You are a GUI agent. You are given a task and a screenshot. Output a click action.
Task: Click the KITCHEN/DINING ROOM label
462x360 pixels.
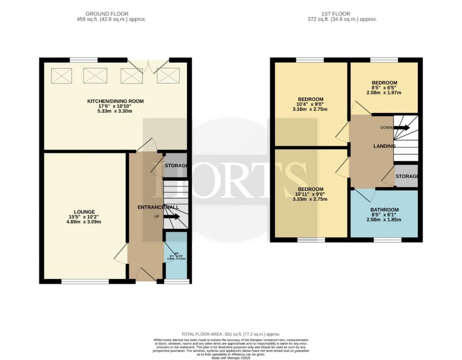pos(115,101)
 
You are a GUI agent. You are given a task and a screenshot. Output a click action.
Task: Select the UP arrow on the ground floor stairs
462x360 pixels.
pos(172,217)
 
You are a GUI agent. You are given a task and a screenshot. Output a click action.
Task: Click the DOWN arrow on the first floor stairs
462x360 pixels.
pos(402,127)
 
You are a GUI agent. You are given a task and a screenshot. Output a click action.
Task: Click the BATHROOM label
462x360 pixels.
pos(384,210)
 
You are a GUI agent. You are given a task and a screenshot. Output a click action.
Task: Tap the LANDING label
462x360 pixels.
pos(384,146)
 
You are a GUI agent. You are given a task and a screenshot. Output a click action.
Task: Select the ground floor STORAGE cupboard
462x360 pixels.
pos(176,165)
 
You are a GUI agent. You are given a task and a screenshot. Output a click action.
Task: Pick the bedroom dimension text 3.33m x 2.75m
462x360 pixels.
pos(311,199)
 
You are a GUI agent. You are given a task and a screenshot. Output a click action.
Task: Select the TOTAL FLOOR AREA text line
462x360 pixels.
pos(231,333)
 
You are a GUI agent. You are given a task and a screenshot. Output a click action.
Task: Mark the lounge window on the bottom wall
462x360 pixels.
pos(85,282)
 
